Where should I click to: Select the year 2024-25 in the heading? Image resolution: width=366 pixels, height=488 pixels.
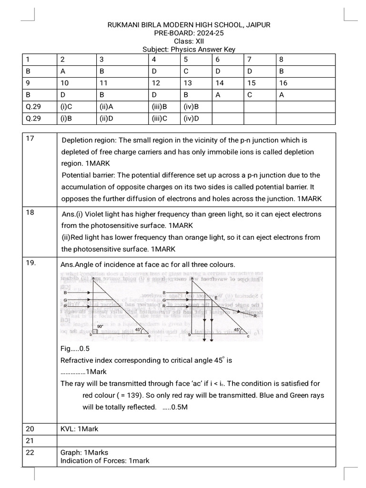coord(203,33)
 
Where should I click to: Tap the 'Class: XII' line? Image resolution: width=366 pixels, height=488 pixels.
coord(183,41)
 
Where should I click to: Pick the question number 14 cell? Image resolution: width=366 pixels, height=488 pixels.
coord(220,83)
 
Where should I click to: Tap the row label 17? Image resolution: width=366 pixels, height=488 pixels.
coord(30,139)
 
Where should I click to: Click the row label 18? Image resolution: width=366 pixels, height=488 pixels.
coord(30,213)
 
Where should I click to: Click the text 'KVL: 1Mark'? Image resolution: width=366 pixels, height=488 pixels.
coord(79,429)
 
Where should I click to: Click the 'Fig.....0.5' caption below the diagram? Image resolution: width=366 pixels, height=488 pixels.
coord(75,348)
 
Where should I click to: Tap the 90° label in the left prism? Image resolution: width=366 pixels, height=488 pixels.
coord(100,327)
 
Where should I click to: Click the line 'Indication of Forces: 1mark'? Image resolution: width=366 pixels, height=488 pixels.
coord(105,460)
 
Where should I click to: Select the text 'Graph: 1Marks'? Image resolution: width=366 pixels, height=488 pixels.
coord(84,453)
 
